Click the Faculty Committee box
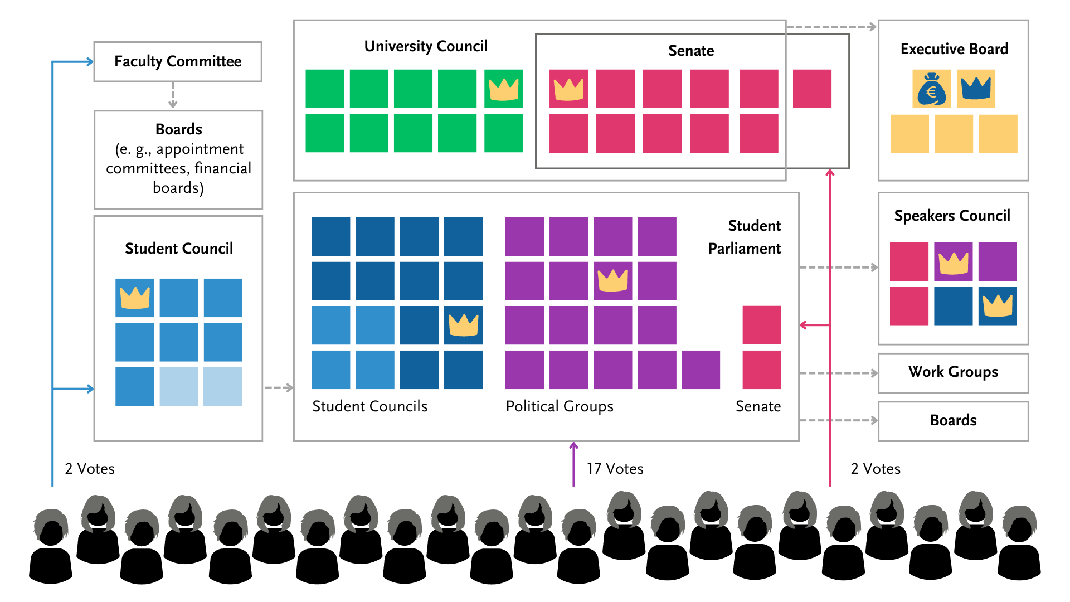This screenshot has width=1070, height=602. pos(178,61)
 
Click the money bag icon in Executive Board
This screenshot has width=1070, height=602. pos(931,89)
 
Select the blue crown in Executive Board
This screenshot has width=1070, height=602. pos(976,89)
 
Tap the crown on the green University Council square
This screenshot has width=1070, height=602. pos(503,89)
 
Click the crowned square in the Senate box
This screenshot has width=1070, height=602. pos(568,89)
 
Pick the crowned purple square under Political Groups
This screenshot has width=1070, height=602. pos(612,280)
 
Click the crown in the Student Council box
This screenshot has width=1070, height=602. pos(135,298)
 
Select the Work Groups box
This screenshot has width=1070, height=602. pos(953,372)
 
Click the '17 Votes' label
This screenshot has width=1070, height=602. pos(615,469)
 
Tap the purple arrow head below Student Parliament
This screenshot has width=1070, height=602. pos(573,445)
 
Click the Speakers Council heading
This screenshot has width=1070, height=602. pos(952,216)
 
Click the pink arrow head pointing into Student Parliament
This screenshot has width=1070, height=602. pos(804,324)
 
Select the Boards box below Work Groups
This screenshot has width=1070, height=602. pos(953,421)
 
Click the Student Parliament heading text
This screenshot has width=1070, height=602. pos(746,237)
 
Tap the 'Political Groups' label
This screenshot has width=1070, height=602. pos(560,406)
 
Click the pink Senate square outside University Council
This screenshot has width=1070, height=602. pos(812,89)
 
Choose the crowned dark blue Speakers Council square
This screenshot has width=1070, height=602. pos(998,306)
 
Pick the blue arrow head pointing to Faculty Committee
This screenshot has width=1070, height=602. pos(90,62)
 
